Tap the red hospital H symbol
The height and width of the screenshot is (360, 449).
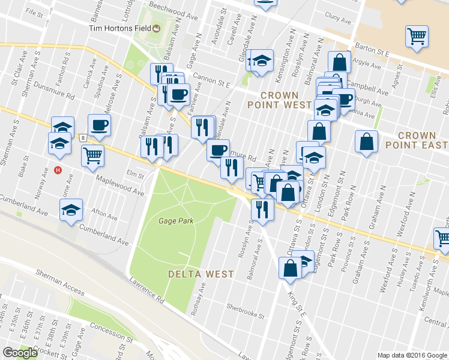click(58, 170)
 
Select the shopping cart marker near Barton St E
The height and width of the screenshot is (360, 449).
click(416, 36)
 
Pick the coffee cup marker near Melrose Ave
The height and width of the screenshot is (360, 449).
click(99, 125)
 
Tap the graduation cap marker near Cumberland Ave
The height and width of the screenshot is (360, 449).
click(71, 210)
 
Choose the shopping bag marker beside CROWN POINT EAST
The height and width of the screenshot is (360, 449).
click(366, 142)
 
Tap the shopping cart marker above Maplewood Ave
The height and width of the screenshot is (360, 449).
click(92, 155)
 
